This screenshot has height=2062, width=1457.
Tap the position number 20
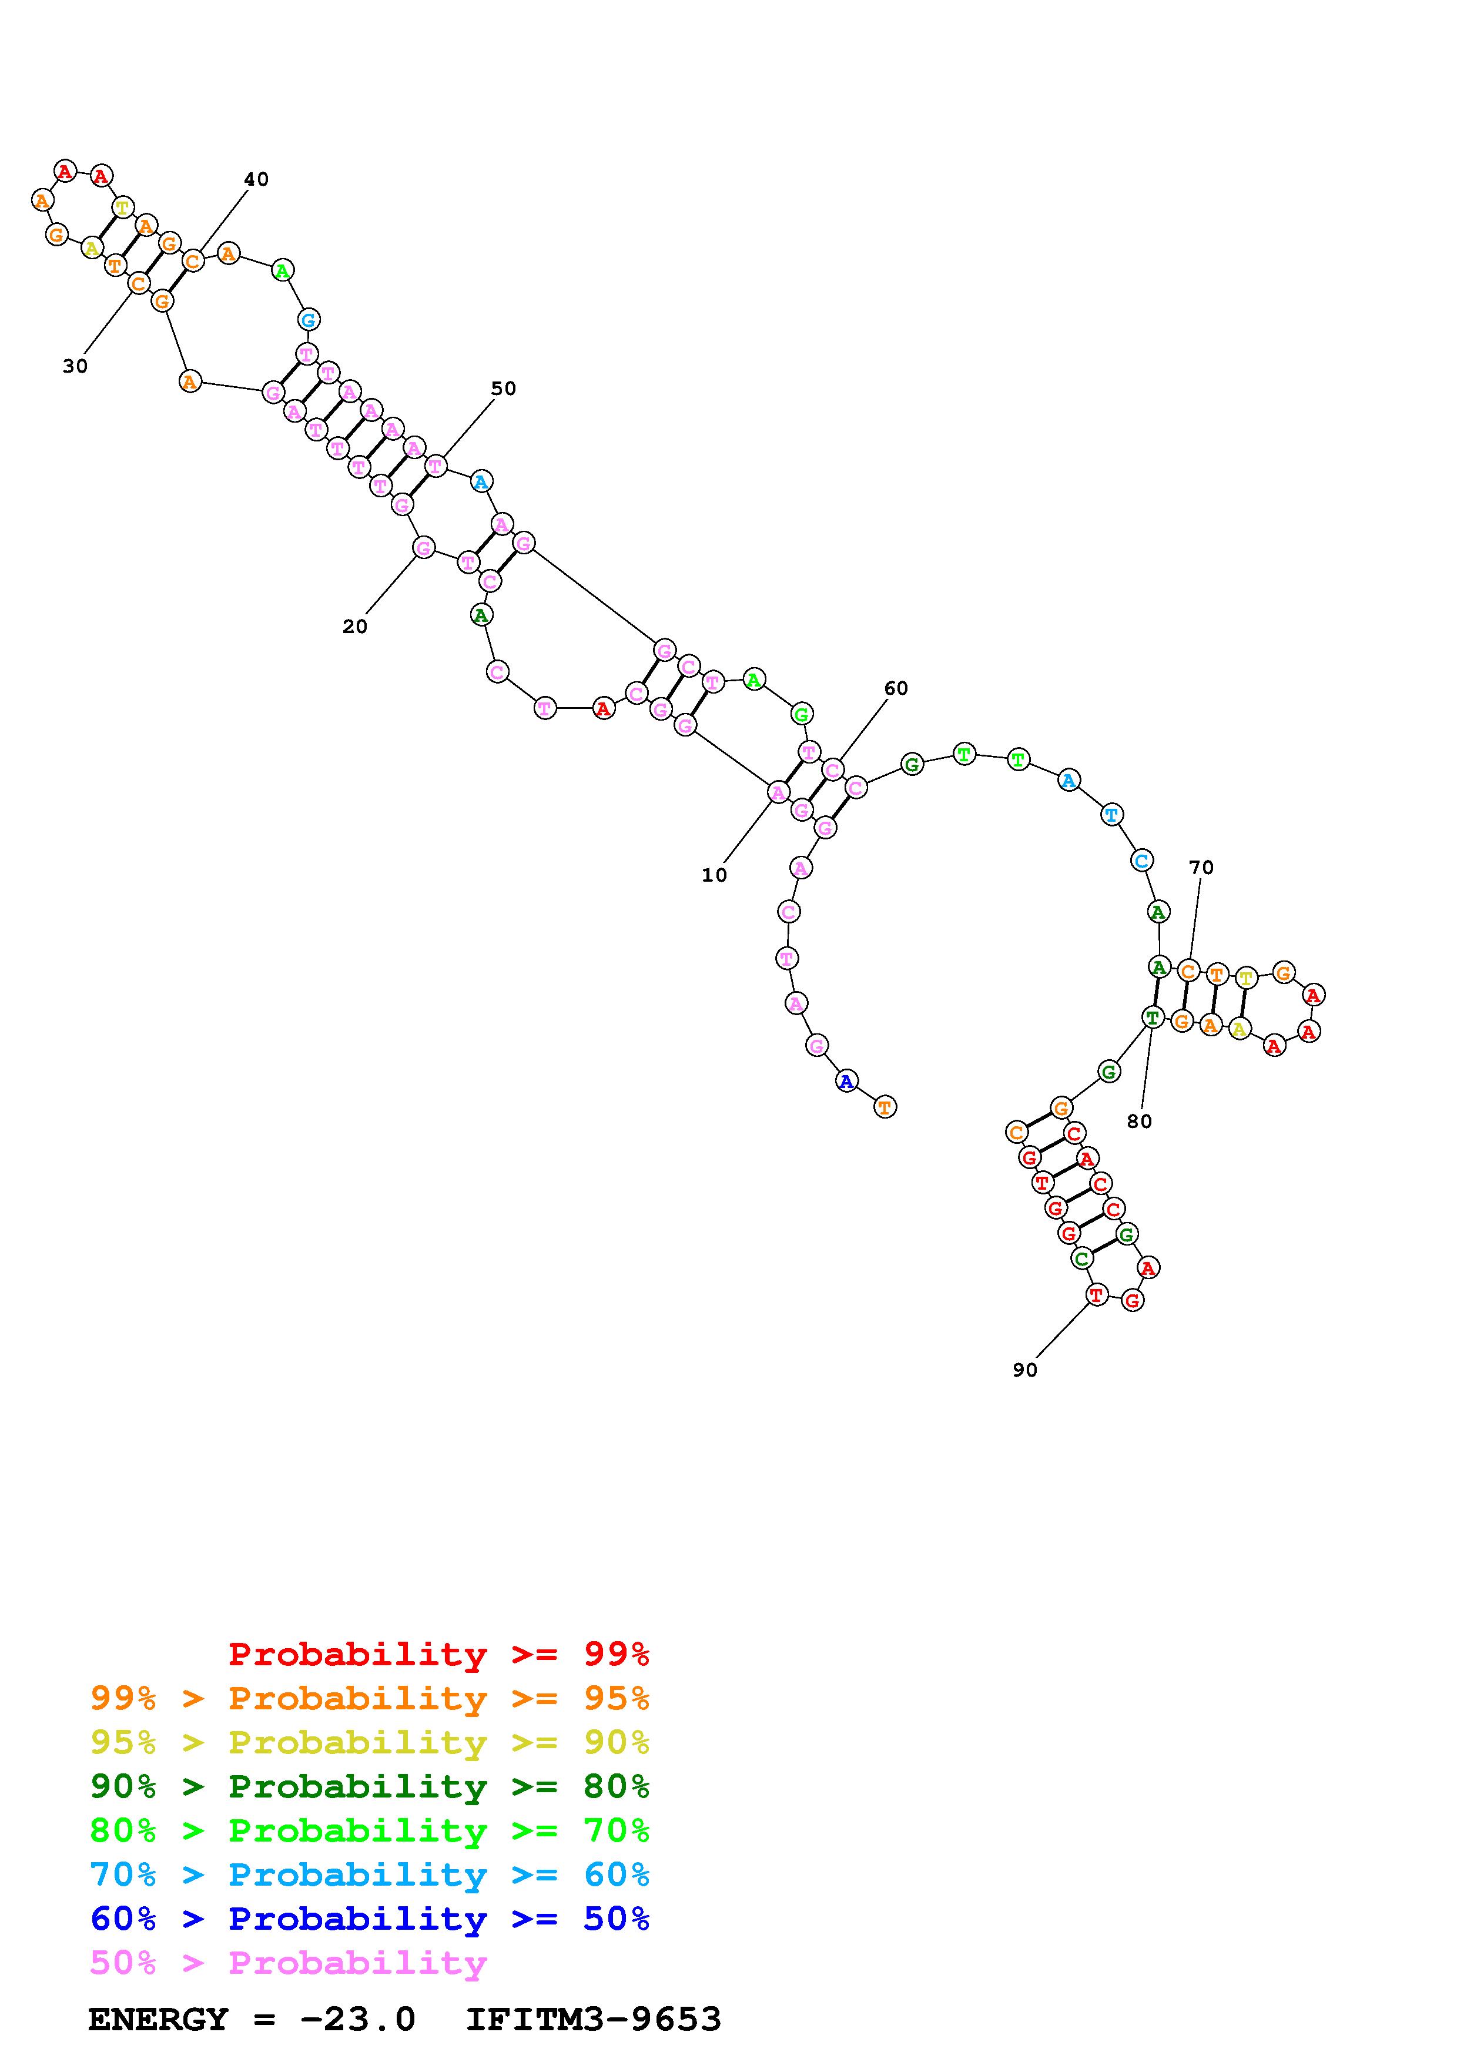(354, 627)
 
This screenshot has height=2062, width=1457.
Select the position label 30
(75, 366)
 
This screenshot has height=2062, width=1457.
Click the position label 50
(504, 389)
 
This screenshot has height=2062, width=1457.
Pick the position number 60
(896, 689)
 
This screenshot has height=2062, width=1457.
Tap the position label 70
(1201, 868)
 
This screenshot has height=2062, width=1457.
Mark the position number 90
(1025, 1370)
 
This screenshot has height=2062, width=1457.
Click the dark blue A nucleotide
(846, 1082)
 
